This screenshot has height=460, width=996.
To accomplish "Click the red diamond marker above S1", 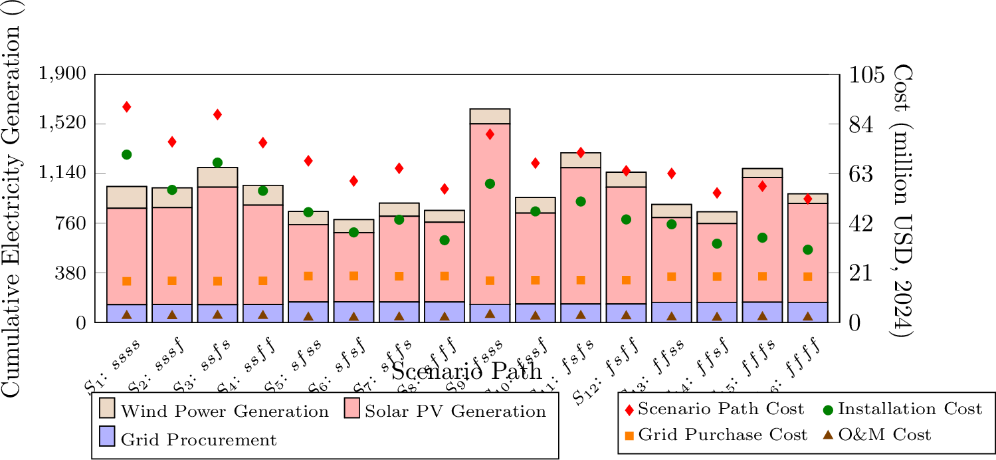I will coord(126,107).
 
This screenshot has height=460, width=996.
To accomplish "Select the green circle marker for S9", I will coord(490,183).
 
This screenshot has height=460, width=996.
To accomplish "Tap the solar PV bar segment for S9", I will coord(490,213).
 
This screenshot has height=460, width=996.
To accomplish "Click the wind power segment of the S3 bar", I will coord(217,177).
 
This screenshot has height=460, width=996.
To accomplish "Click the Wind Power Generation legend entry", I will coord(213,411).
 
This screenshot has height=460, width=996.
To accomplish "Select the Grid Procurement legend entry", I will coord(186,439).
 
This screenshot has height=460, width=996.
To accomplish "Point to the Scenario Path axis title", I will coord(466,370).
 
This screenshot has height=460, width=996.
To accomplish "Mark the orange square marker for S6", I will coord(353,276).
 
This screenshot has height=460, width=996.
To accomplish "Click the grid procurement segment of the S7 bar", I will coord(399,312).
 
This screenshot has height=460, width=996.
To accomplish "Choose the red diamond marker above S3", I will coord(217,115).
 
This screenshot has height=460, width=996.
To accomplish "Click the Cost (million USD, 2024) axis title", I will coord(902,199).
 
